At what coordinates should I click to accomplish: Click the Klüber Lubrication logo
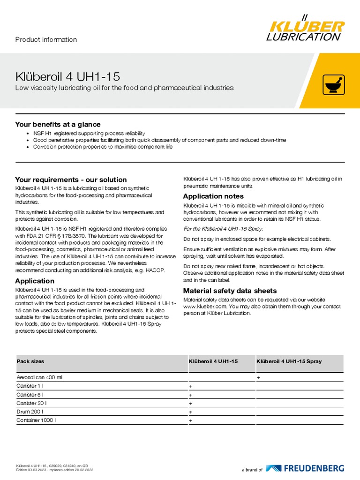click(x=305, y=28)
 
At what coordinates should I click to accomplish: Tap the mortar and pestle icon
click(x=334, y=85)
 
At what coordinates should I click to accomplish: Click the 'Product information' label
click(x=46, y=40)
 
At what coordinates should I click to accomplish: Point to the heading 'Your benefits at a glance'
click(x=58, y=124)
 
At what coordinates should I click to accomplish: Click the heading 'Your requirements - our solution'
click(x=71, y=180)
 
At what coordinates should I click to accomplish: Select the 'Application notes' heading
click(x=213, y=196)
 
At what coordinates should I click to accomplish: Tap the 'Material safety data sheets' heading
click(x=230, y=291)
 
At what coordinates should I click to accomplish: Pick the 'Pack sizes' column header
click(x=30, y=361)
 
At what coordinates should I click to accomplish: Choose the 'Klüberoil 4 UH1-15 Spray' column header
click(x=289, y=361)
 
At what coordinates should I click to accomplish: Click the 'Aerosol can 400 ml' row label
click(x=39, y=377)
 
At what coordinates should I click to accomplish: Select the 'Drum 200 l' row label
click(x=30, y=412)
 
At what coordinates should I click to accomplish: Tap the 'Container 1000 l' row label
click(x=36, y=420)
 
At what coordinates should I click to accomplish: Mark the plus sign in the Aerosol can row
click(x=258, y=377)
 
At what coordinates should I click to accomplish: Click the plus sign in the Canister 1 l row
click(x=191, y=386)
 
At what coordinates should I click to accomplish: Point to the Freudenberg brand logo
click(x=305, y=468)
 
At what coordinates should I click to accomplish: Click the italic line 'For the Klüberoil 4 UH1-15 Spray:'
click(x=223, y=228)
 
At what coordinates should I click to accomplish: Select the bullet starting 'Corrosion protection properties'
click(x=103, y=147)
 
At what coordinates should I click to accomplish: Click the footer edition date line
click(x=55, y=470)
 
